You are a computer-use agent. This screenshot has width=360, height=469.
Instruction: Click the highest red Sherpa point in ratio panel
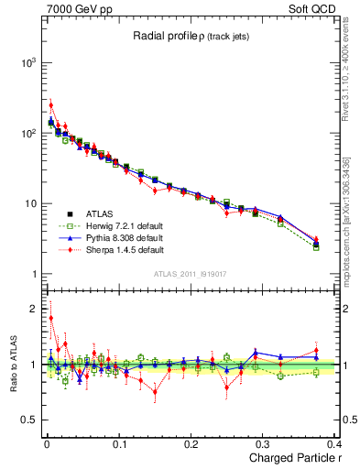coord(50,318)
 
